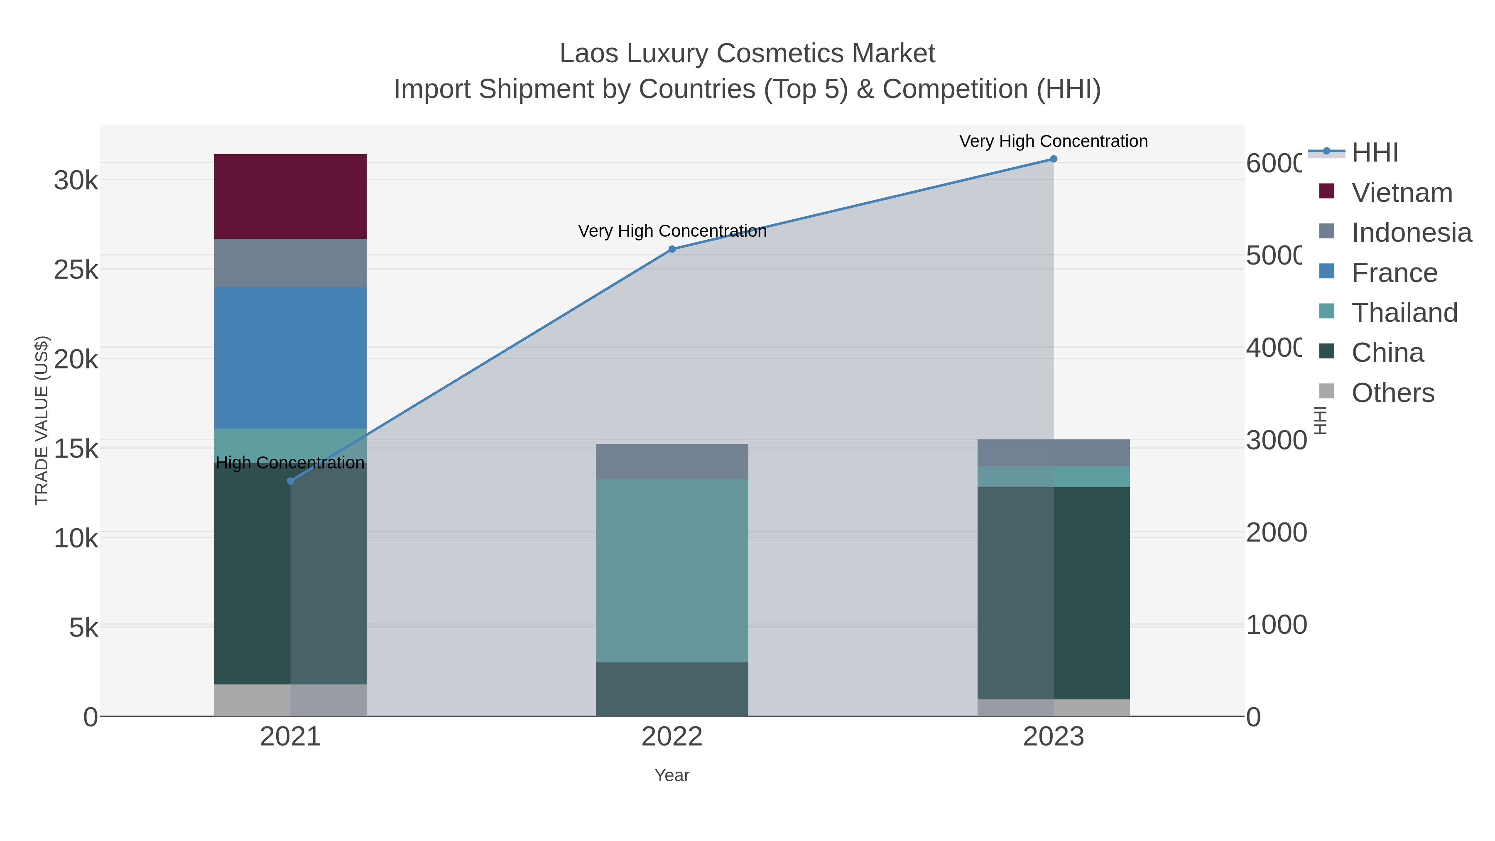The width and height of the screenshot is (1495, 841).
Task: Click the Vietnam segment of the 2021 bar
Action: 290,196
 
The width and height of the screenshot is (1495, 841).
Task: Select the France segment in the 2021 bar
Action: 290,358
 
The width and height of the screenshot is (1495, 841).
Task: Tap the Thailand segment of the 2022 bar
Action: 672,571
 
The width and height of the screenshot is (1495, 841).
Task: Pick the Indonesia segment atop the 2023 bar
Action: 1053,453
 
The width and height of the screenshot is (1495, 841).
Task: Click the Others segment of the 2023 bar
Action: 1053,708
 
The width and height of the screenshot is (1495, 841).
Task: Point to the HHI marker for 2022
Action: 672,249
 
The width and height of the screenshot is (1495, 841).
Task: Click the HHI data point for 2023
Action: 1053,159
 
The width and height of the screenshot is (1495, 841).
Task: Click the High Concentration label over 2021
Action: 290,463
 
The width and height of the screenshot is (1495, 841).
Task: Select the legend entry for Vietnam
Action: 1401,193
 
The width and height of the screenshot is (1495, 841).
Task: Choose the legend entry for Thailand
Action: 1404,313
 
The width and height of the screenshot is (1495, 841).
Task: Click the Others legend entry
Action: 1392,393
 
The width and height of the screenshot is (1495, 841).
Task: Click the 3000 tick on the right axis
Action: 1276,440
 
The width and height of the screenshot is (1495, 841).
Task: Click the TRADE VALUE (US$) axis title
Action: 42,420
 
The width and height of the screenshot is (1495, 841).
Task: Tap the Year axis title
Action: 672,775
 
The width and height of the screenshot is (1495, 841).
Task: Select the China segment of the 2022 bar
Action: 672,689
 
